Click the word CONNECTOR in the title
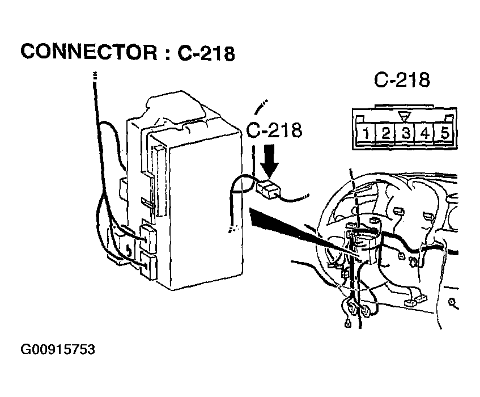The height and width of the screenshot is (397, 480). (x=89, y=52)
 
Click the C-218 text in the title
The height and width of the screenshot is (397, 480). (x=206, y=53)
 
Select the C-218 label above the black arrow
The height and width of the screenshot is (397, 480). (x=274, y=130)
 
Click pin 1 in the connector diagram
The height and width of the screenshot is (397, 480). (x=366, y=133)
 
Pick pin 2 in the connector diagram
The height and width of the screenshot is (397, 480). (x=385, y=133)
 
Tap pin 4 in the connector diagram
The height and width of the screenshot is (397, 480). (x=424, y=133)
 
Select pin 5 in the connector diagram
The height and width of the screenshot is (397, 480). (x=444, y=133)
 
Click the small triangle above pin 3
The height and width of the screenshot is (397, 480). (x=405, y=117)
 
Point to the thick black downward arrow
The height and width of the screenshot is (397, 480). (x=270, y=162)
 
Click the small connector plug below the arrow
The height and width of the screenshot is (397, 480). (x=268, y=188)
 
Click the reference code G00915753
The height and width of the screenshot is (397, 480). (x=58, y=349)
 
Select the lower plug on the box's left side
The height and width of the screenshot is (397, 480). (x=148, y=266)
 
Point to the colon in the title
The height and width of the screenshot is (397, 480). (x=167, y=53)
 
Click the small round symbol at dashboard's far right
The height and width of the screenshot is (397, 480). (x=452, y=303)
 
